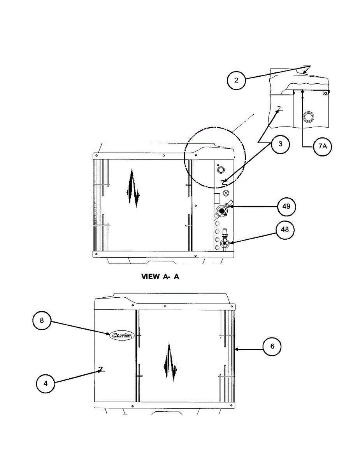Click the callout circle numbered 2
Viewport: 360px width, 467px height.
237,81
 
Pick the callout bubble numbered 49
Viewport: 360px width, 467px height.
286,206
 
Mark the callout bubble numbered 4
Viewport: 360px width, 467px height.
45,383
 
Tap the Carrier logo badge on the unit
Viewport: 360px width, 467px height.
122,335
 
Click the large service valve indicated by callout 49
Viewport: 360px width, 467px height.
222,211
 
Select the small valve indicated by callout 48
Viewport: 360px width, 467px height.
225,244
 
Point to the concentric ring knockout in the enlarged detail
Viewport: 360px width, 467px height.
309,116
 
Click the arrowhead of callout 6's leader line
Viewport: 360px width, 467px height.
236,349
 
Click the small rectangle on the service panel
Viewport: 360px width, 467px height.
217,198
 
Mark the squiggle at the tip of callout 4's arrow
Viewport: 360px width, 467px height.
101,370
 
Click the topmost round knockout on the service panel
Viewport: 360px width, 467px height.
221,170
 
